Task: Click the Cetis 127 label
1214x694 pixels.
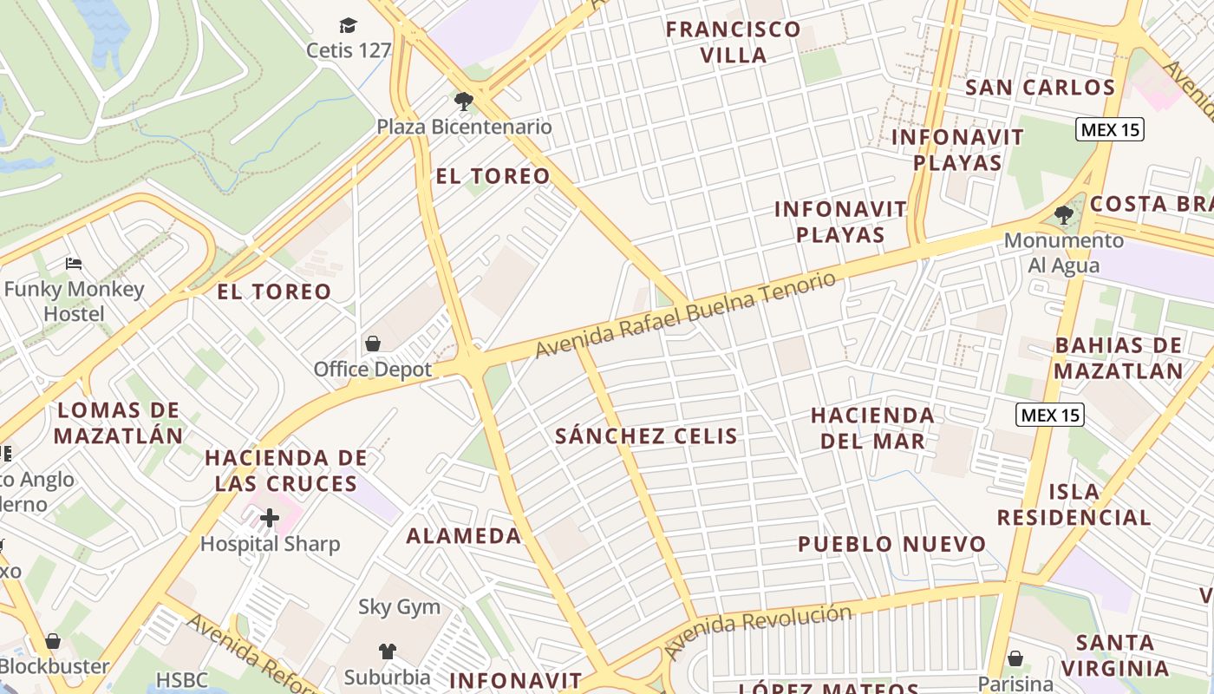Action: coord(349,50)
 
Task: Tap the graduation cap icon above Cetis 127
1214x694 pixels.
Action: coord(348,25)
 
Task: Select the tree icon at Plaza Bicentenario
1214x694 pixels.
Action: coord(464,101)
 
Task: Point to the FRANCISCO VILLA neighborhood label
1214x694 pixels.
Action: coord(734,43)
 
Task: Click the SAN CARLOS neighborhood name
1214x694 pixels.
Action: coord(1040,88)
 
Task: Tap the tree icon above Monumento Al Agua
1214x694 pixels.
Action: coord(1063,215)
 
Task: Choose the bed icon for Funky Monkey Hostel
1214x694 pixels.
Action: coord(74,264)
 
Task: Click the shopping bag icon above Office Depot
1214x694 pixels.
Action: coord(373,344)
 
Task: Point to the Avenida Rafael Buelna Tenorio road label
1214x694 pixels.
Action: coord(686,314)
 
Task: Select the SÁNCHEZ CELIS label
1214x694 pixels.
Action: coord(646,436)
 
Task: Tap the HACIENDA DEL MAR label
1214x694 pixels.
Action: coord(872,428)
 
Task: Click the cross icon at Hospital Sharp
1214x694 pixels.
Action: coord(270,519)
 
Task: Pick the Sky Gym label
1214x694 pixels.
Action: coord(400,607)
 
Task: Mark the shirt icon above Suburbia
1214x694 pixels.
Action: coord(387,651)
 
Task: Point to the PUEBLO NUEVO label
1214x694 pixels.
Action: coord(891,545)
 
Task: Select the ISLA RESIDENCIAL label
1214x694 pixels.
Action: coord(1074,505)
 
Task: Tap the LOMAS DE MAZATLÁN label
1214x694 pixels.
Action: coord(119,422)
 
